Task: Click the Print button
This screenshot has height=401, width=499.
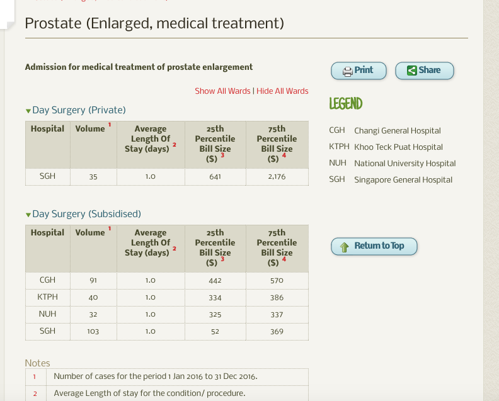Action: (358, 71)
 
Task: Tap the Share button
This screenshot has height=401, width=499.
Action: (424, 71)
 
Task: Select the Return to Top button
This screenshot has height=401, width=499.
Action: (374, 246)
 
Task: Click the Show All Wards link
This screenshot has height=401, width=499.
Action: (222, 91)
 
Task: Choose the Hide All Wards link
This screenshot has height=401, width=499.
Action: (282, 91)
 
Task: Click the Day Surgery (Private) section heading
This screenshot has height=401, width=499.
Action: (79, 110)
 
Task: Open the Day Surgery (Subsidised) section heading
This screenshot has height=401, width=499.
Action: (86, 214)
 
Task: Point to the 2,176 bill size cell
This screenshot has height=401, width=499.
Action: (277, 177)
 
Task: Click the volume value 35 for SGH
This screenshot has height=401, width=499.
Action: (93, 177)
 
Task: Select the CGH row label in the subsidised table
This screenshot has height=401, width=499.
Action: (47, 280)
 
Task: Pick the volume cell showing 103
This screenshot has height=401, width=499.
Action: (93, 331)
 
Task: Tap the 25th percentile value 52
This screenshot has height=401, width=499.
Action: (215, 331)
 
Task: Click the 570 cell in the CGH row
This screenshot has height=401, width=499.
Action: (277, 281)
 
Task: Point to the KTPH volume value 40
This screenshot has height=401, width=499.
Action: (93, 298)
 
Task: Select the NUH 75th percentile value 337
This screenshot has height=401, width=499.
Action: (277, 314)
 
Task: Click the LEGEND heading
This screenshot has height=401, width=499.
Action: (346, 104)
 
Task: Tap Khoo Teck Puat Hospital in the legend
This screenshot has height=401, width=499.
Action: (398, 147)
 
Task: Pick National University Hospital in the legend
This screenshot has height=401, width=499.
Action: (404, 164)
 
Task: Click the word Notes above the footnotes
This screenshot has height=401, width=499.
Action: (37, 363)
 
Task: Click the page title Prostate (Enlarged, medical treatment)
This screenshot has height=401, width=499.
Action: (154, 24)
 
